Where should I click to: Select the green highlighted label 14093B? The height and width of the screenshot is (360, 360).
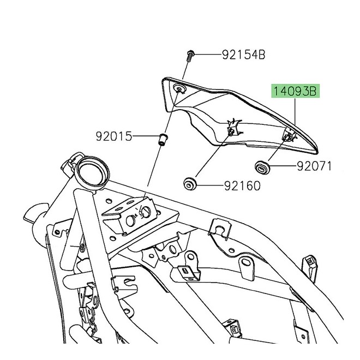click(294, 91)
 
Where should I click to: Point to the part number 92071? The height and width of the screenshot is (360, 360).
click(314, 166)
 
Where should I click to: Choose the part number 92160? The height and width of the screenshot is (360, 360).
click(242, 185)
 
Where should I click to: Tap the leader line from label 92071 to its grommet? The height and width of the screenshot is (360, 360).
click(280, 166)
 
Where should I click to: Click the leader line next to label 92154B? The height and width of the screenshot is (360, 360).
click(207, 55)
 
